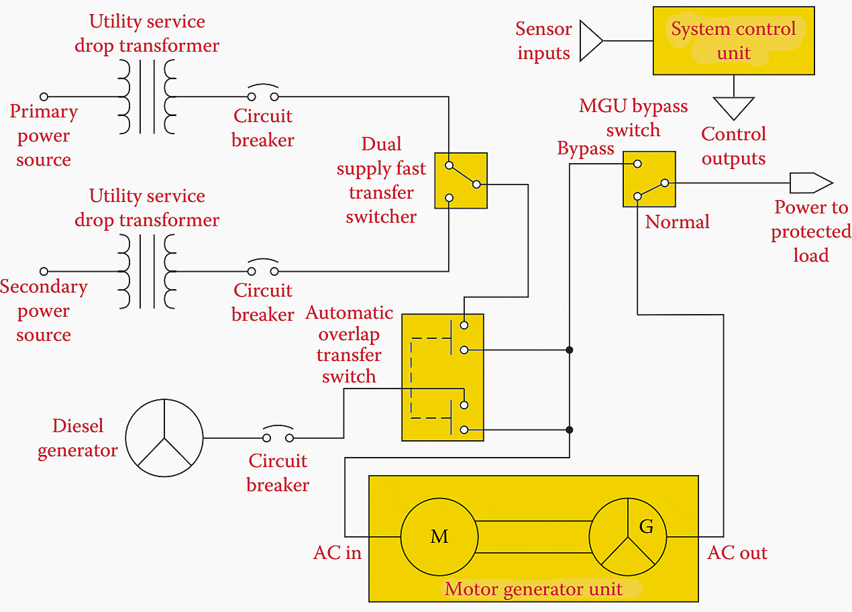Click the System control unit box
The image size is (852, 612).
click(733, 41)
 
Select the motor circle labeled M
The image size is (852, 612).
click(439, 537)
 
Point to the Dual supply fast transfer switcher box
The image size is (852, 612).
click(461, 181)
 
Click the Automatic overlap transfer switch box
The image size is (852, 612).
click(442, 377)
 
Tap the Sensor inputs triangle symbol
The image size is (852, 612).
click(591, 41)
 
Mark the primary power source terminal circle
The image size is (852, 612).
click(44, 97)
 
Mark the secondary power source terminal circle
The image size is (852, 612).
click(44, 272)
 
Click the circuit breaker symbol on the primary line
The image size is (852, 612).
click(263, 94)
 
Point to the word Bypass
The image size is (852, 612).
click(586, 148)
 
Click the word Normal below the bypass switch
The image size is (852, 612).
click(677, 222)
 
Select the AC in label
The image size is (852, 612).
click(337, 553)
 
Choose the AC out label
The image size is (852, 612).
click(737, 553)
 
